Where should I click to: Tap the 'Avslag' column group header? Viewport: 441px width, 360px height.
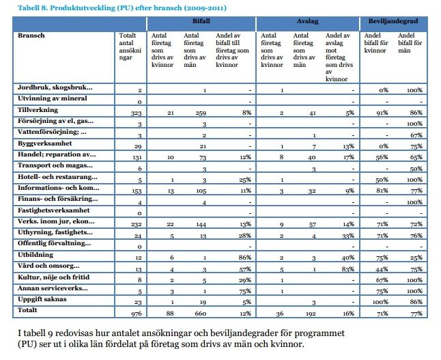tap(307, 22)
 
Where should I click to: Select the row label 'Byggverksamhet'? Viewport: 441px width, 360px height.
tap(46, 145)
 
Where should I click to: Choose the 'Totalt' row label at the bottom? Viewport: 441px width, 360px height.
tap(29, 309)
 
